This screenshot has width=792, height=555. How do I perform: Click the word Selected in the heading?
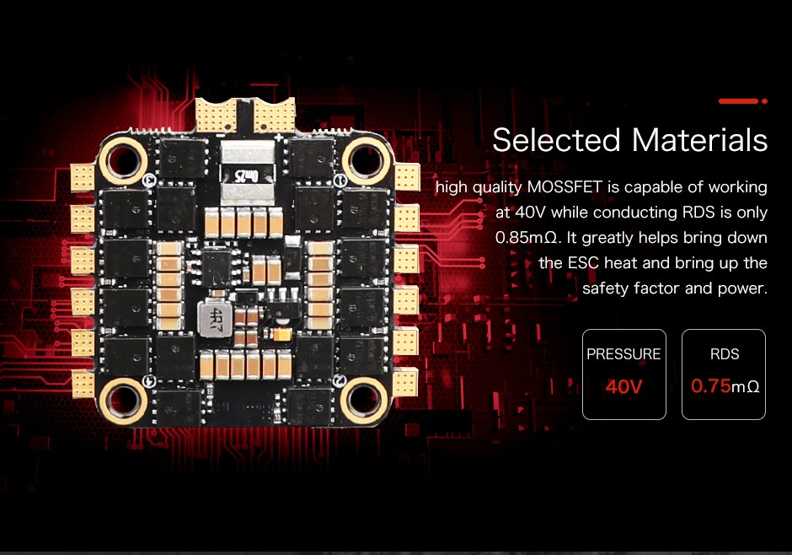click(556, 140)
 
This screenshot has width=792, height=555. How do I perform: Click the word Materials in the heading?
click(699, 140)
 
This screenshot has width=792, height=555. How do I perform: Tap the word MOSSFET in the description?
click(565, 187)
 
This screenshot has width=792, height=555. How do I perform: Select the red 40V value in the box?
click(623, 386)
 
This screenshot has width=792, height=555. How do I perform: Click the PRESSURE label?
click(623, 353)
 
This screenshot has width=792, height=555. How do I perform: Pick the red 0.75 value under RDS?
click(710, 386)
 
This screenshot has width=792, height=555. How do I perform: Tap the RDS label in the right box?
click(725, 353)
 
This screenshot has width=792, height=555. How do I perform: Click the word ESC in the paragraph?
click(583, 263)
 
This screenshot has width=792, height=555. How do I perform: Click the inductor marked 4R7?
click(216, 320)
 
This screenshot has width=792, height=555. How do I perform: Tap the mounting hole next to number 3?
click(123, 161)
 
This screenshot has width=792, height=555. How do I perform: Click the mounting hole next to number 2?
click(364, 401)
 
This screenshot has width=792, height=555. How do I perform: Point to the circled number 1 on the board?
click(340, 180)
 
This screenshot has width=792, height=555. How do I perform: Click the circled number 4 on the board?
click(148, 381)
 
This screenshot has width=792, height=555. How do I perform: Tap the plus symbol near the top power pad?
click(278, 137)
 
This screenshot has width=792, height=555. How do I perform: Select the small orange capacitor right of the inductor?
click(281, 334)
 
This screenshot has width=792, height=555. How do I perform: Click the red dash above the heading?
click(738, 101)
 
